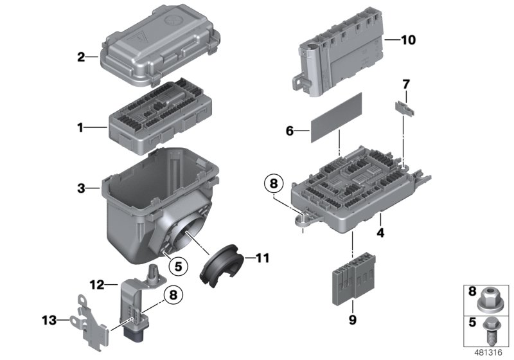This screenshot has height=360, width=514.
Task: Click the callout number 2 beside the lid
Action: [81, 57]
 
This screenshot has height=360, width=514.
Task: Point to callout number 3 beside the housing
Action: [81, 188]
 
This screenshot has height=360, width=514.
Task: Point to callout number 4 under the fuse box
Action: [380, 233]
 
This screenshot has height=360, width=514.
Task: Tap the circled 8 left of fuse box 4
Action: [274, 183]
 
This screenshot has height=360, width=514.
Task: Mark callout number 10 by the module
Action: [408, 40]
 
